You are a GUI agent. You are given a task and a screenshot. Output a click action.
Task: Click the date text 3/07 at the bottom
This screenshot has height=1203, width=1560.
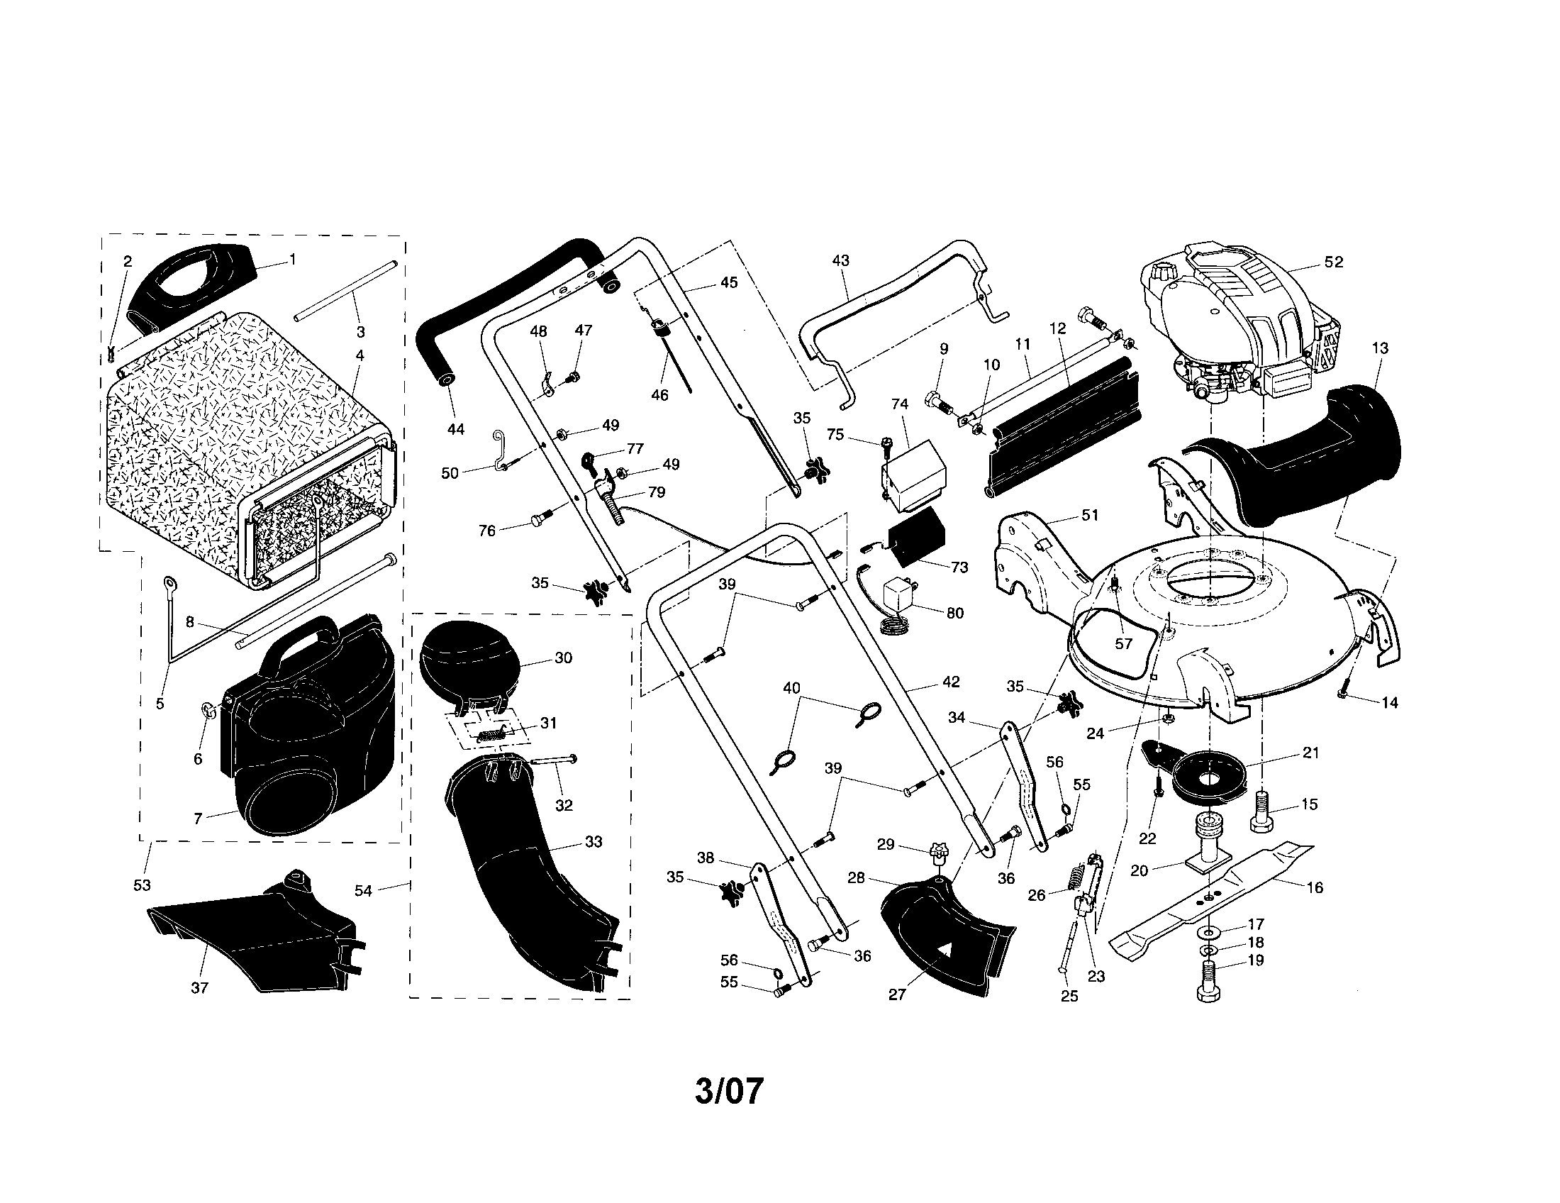coord(729,1092)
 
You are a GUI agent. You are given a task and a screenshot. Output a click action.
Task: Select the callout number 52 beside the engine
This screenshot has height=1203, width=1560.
coord(1334,262)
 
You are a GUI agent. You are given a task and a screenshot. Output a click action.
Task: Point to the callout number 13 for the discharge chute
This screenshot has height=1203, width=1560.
coord(1380,348)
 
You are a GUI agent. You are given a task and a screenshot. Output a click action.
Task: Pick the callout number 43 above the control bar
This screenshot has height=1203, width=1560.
coord(841,261)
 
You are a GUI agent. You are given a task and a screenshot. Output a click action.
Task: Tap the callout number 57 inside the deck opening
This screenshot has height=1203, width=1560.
coord(1124,643)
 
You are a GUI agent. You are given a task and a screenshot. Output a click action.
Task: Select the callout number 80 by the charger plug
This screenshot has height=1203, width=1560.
coord(955,613)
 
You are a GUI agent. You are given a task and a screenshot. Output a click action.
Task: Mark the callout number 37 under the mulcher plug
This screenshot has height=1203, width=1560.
coord(200,988)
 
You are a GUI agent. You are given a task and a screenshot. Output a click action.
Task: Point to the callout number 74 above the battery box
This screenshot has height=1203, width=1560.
coord(900,404)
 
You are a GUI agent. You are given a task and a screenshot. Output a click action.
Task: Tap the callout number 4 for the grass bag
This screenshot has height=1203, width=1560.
coord(360,355)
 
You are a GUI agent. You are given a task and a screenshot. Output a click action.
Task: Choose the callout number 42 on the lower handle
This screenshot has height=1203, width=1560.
coord(951,682)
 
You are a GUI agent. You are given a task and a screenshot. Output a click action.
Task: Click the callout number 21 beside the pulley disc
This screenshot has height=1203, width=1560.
coord(1310,753)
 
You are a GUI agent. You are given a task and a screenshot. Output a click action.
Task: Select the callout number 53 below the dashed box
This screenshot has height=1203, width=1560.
coord(142,885)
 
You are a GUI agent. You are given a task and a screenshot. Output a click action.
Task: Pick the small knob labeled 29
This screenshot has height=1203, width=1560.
coord(938,853)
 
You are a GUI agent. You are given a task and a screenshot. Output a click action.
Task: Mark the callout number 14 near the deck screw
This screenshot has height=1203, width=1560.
coord(1389,703)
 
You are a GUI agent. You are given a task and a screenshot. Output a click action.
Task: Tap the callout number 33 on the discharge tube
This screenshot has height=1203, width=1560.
coord(594,841)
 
